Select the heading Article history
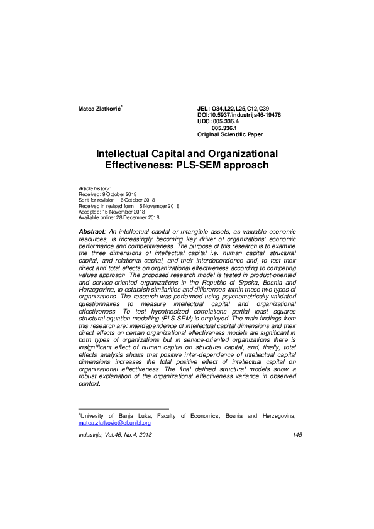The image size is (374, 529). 94,188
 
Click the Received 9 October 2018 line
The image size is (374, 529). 107,194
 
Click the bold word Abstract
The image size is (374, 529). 92,232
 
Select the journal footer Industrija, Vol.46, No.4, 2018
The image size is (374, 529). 115,435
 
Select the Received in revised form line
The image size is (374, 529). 129,206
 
